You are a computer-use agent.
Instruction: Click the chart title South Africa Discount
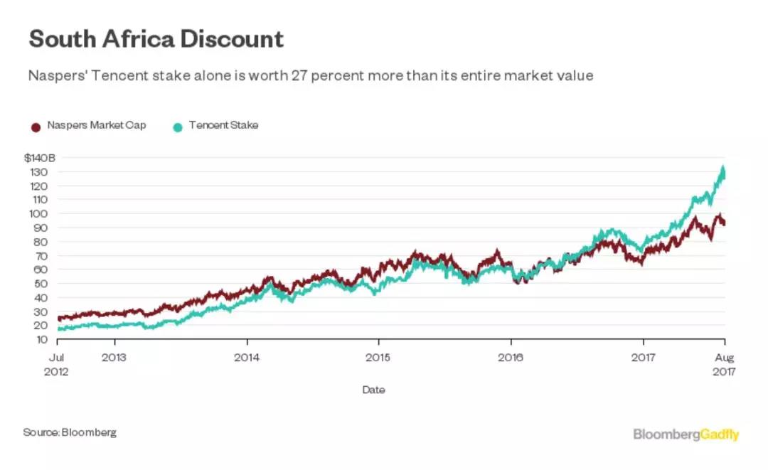point(156,38)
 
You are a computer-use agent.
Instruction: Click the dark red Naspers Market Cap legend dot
point(36,127)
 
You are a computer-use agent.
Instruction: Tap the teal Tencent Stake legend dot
point(178,127)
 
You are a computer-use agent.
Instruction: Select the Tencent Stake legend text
point(223,126)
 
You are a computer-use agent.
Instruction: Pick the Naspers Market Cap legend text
point(97,126)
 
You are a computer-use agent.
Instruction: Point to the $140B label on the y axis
point(40,158)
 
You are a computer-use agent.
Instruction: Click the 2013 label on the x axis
point(114,358)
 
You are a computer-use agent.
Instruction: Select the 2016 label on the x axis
point(511,358)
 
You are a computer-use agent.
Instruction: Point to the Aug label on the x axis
point(724,358)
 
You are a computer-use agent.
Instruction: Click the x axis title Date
point(373,390)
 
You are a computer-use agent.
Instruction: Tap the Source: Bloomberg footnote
point(70,432)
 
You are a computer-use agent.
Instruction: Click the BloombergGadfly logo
point(686,434)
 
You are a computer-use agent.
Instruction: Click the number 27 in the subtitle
point(299,75)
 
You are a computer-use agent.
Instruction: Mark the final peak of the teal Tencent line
point(722,169)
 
